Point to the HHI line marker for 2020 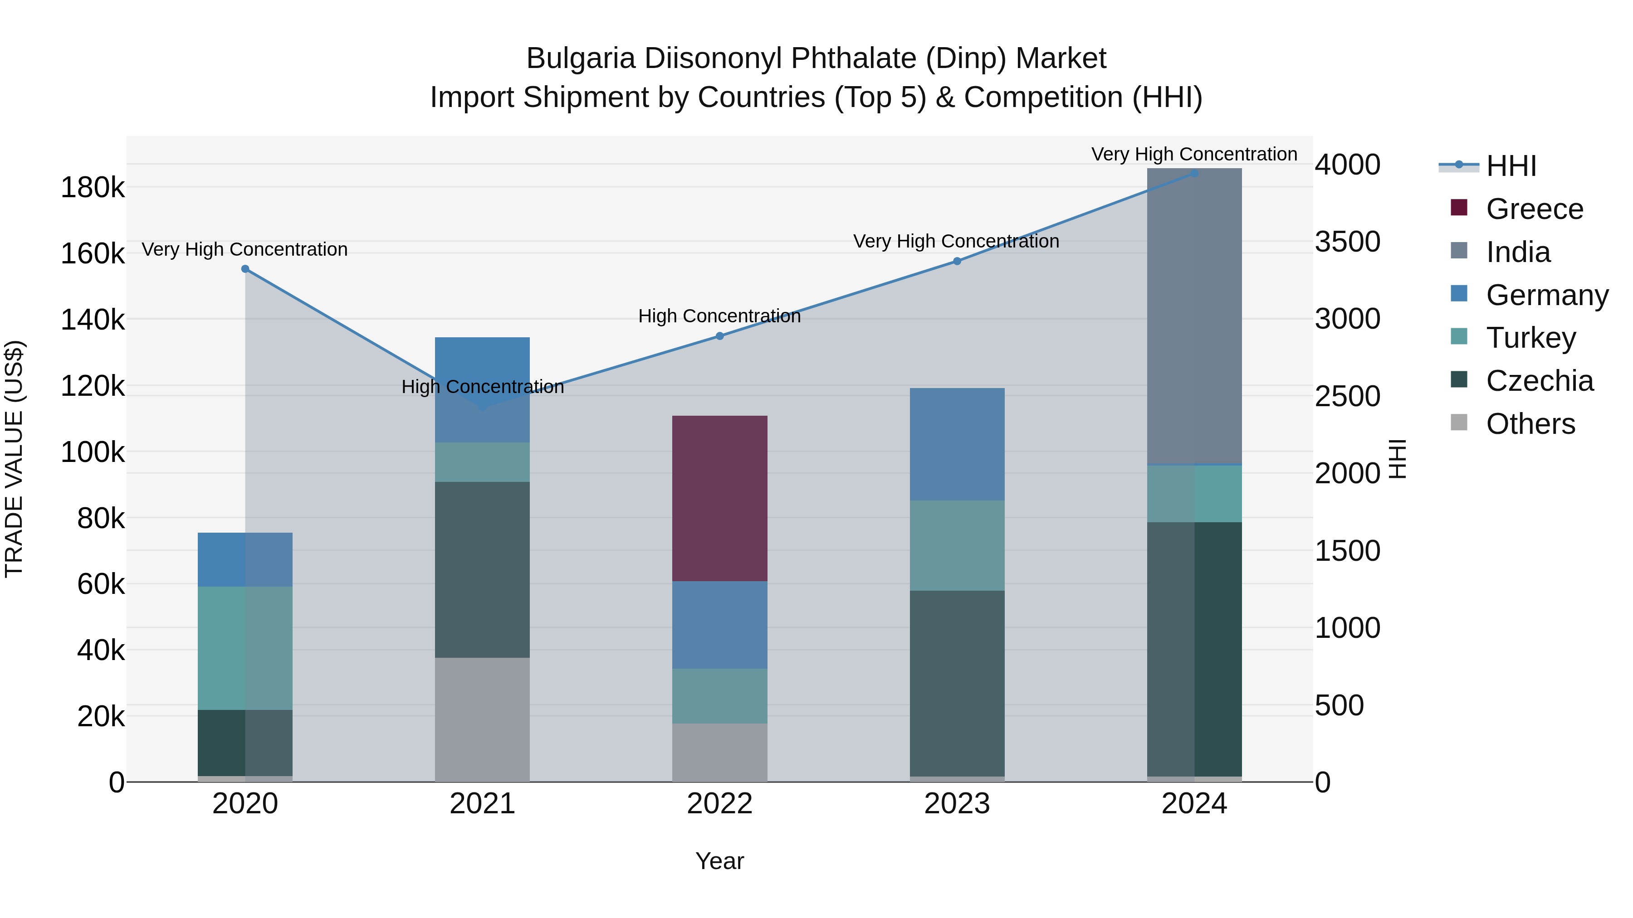(x=245, y=269)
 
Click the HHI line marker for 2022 (x=719, y=336)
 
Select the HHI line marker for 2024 (x=1194, y=173)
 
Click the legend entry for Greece (x=1534, y=209)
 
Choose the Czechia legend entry (x=1539, y=381)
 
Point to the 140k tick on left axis (x=93, y=319)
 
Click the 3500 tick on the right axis (x=1348, y=241)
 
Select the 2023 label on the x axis (x=957, y=804)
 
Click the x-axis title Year (x=719, y=861)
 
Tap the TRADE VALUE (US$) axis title (x=14, y=459)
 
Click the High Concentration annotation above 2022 (x=719, y=316)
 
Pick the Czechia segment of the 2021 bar (x=483, y=569)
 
